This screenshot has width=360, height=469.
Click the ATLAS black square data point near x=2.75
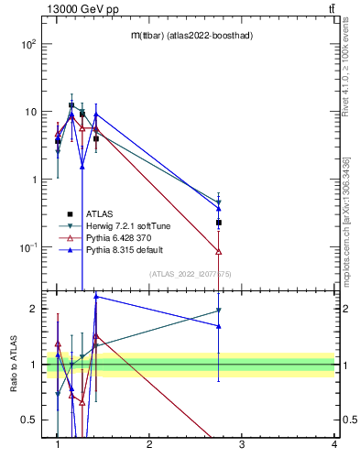click(219, 223)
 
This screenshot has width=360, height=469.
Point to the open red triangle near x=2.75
click(219, 251)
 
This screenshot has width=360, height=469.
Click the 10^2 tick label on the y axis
click(29, 44)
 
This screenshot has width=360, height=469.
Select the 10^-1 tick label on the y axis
click(28, 247)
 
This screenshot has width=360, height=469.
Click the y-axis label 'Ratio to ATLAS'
click(14, 364)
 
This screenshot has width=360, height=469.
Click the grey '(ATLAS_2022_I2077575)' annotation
click(191, 274)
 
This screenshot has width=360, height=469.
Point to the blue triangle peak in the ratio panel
click(96, 296)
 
